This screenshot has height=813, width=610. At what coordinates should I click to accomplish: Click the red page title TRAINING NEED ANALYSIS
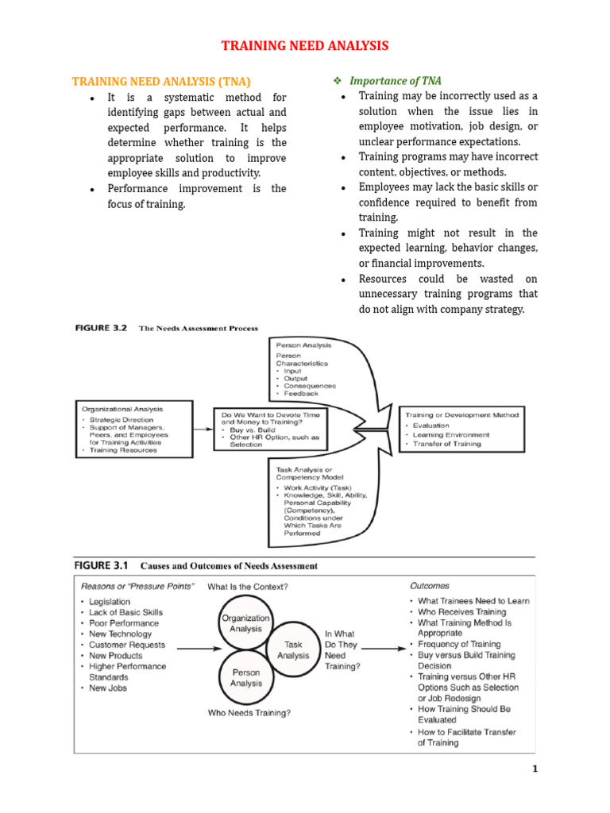[x=305, y=46]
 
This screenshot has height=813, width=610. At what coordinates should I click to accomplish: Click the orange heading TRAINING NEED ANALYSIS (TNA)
[x=161, y=81]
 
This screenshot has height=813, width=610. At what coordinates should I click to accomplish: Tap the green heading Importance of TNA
[x=396, y=81]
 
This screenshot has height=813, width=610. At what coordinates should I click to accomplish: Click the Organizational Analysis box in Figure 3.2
[x=133, y=429]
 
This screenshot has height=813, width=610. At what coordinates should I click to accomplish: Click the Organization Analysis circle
[x=245, y=623]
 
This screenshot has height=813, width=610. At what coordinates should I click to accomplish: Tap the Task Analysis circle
[x=293, y=651]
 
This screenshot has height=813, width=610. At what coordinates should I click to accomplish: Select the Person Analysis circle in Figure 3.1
[x=245, y=678]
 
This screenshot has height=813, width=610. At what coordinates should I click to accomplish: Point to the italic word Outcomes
[x=429, y=586]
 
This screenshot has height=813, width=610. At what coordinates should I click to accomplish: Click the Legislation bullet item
[x=110, y=602]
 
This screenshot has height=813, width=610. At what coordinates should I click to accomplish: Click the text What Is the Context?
[x=248, y=587]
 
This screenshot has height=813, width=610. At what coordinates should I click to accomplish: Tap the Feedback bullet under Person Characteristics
[x=301, y=394]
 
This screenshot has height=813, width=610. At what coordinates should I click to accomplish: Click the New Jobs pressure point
[x=108, y=688]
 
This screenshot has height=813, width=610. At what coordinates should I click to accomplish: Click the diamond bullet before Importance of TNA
[x=336, y=81]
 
